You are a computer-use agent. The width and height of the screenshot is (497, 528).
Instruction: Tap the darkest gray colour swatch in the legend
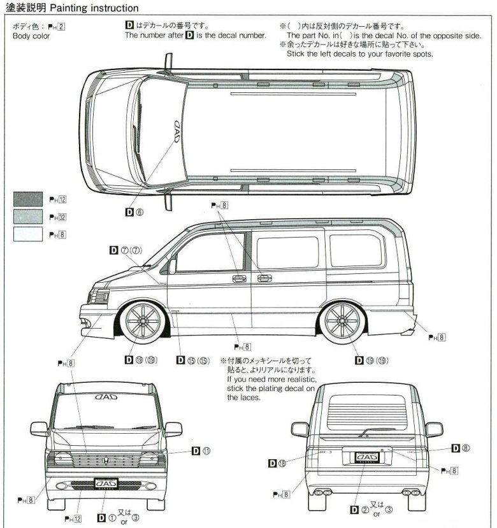(x=27, y=199)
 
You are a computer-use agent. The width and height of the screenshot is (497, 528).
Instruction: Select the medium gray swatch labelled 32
(x=27, y=217)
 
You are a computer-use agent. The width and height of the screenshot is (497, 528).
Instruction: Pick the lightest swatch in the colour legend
(x=27, y=234)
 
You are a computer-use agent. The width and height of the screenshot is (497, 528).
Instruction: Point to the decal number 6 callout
(x=135, y=213)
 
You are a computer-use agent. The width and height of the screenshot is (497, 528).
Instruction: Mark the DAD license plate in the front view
(x=108, y=484)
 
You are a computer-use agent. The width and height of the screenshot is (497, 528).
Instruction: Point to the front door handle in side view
(x=240, y=278)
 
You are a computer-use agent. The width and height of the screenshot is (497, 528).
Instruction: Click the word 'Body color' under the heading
(x=31, y=36)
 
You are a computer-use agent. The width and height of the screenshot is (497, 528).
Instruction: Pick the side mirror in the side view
(x=172, y=266)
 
